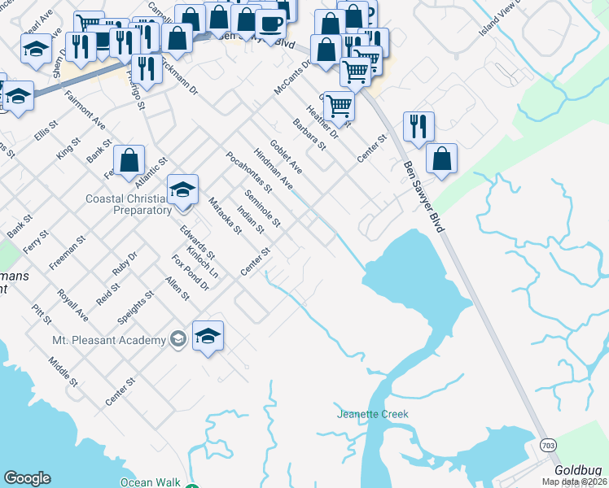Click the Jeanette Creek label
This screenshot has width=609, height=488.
(x=372, y=414)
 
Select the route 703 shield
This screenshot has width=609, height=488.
(x=546, y=445)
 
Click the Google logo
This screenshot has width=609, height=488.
(x=27, y=478)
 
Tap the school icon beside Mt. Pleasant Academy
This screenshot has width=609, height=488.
(x=208, y=337)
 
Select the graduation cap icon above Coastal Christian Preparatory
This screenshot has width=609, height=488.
(x=183, y=190)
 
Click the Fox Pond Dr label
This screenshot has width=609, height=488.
(x=185, y=273)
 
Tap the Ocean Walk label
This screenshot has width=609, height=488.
(x=151, y=482)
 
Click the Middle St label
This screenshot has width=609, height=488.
(x=62, y=371)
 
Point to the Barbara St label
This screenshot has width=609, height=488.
(x=309, y=135)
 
